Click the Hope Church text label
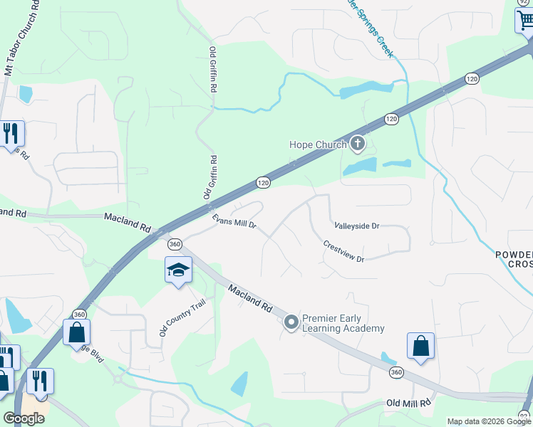pos(317,144)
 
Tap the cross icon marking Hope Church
pos(358,145)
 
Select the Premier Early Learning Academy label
pos(343,323)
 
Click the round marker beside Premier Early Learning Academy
pos(291,323)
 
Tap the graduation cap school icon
pos(178,270)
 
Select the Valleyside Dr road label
pos(357,226)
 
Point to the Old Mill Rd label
pos(408,404)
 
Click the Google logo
pos(24,418)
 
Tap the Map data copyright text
pos(489,421)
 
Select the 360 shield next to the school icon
pos(175,244)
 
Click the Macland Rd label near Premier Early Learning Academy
pos(251,297)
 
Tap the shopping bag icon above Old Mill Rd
pos(420,347)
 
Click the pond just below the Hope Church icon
pos(360,167)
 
